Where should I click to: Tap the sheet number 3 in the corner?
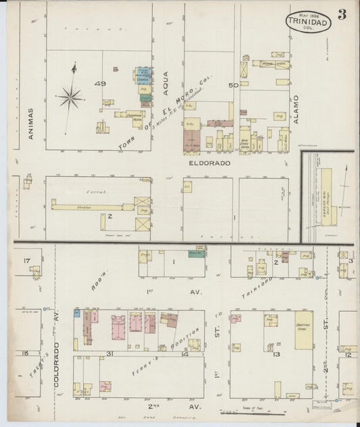342,14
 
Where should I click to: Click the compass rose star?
70,98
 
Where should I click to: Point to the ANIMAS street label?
30,124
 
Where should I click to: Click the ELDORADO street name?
209,164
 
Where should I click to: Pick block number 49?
101,84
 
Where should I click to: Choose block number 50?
234,85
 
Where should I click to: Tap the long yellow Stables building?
95,207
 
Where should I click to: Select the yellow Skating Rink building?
304,330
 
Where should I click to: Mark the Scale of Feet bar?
250,412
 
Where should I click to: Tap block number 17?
27,260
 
